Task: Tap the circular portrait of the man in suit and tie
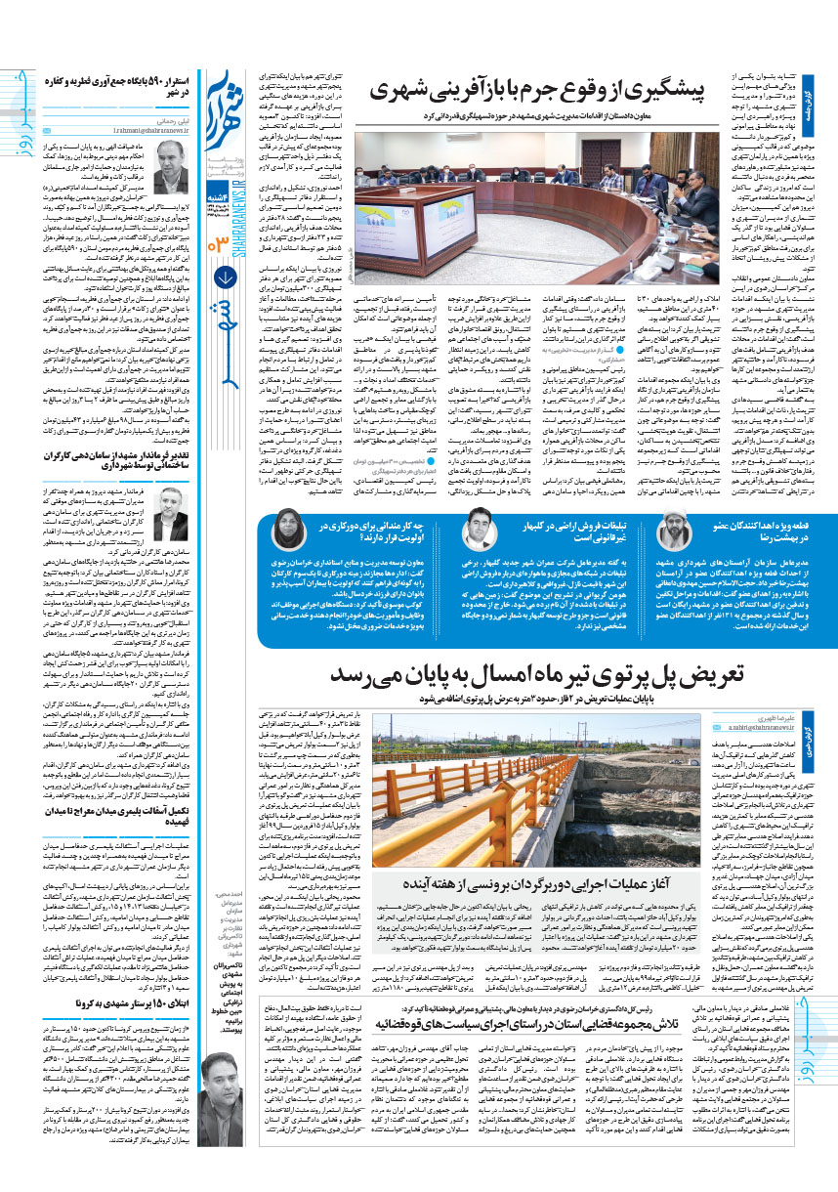(x=476, y=529)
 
